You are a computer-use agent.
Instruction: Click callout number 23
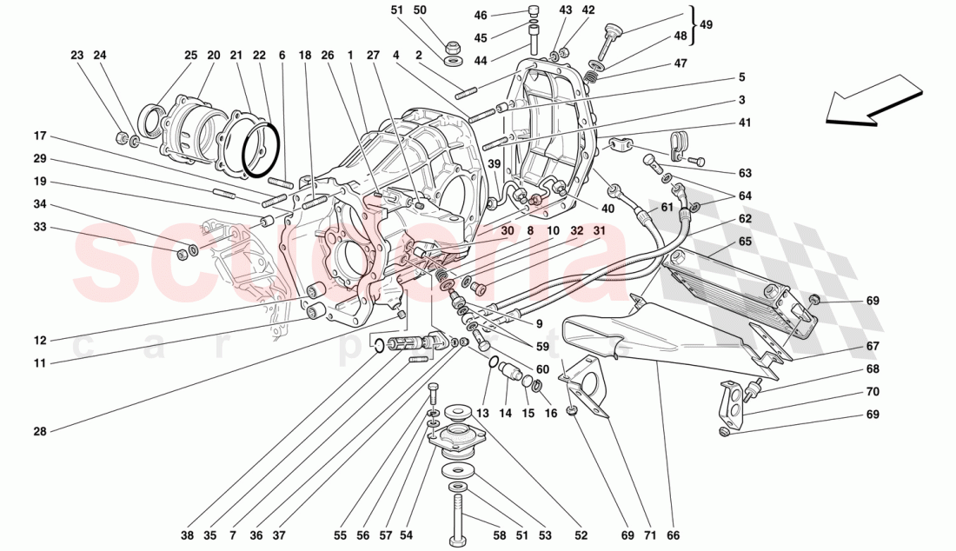coord(77,55)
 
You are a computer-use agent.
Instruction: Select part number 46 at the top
coord(481,16)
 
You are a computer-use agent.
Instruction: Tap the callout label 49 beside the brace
coord(706,24)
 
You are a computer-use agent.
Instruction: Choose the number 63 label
coord(746,173)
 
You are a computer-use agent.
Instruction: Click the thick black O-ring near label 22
coord(261,149)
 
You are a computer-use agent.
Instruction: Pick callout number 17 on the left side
coord(40,136)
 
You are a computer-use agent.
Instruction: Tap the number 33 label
coord(40,228)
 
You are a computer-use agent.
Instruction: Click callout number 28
coord(39,430)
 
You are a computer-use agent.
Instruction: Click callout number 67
coord(873,346)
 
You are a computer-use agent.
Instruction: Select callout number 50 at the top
coord(421,10)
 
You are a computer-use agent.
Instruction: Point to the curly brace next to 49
coord(692,24)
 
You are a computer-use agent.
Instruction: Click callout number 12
coord(40,340)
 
